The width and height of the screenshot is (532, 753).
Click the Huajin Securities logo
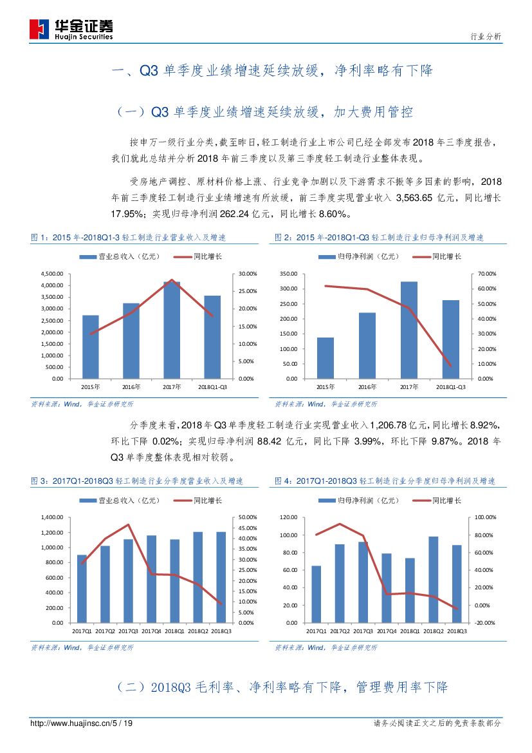pos(71,28)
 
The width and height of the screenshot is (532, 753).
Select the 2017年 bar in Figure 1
pos(172,330)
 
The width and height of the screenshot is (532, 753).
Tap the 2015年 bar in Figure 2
pos(326,358)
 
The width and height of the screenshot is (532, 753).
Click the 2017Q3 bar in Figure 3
pos(129,581)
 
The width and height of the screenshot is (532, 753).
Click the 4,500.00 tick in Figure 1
pos(52,274)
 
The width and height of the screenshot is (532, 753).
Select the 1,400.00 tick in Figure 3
pos(52,517)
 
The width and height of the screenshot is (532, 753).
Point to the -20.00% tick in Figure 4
pos(485,623)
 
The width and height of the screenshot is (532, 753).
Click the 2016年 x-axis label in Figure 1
pos(131,386)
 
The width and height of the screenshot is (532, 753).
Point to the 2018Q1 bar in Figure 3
pos(175,581)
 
